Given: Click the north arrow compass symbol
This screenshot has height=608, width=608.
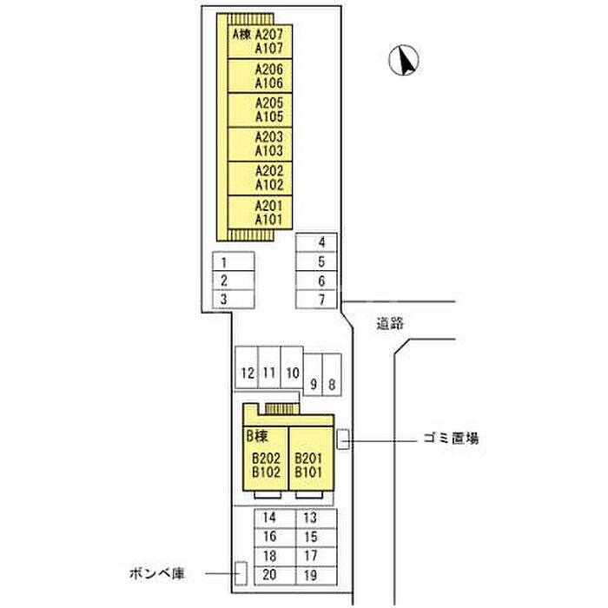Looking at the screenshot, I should coord(404,60).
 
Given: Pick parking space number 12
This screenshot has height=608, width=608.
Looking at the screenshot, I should coord(248,374).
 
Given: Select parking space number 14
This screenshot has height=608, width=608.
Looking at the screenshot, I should coord(270,518).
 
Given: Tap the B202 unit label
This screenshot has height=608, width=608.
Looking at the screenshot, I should coord(266,459).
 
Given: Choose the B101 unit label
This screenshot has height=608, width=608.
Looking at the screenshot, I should coord(308,473).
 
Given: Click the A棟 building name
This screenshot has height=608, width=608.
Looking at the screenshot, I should coord(241,35).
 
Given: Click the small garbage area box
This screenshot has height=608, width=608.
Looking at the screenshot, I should coord(343,439).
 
